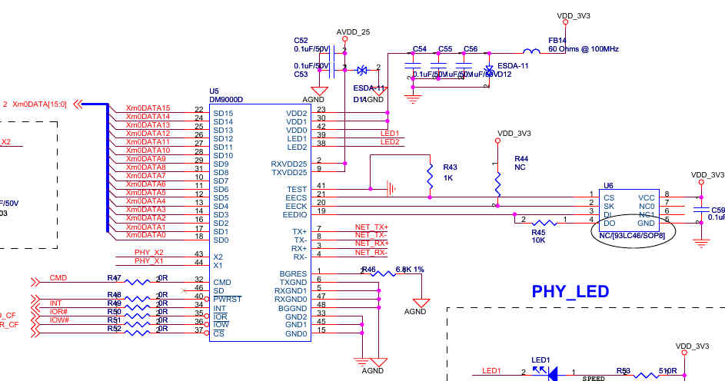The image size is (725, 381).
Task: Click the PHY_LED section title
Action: (570, 291)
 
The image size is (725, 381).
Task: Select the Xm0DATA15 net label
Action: (148, 108)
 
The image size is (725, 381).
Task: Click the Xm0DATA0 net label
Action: (145, 235)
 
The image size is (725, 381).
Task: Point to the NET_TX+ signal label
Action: (371, 227)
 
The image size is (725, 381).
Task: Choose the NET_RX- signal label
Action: (371, 253)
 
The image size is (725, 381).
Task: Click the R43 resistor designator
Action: (450, 167)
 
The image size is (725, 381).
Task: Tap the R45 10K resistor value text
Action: (538, 240)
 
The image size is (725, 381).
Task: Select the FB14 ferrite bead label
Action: (557, 40)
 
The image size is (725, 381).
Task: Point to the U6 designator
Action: (608, 185)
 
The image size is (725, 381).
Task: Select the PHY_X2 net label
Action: (148, 252)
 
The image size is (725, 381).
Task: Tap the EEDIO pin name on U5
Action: (294, 214)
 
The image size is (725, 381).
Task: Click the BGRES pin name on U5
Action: (294, 273)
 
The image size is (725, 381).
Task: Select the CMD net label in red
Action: (58, 277)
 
